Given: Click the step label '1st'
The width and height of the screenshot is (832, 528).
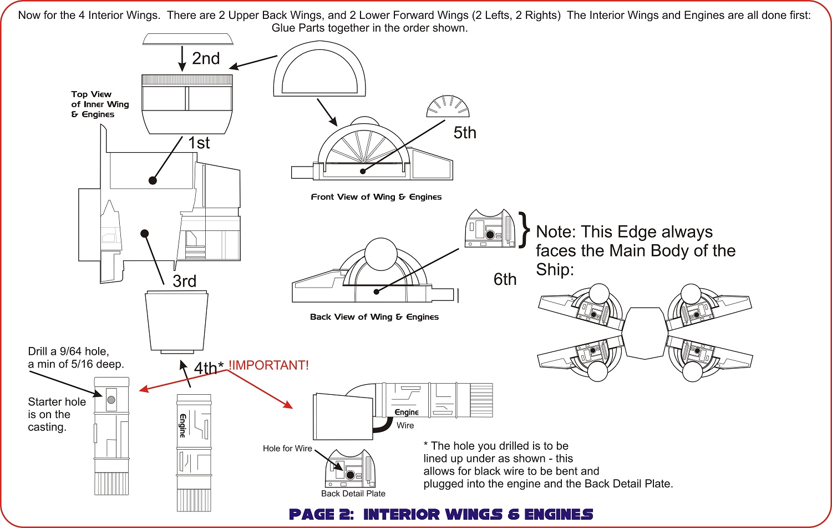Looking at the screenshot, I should click(x=199, y=143).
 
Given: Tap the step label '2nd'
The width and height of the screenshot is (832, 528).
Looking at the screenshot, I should click(x=206, y=58).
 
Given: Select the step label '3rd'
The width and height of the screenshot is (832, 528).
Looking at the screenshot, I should click(x=184, y=281).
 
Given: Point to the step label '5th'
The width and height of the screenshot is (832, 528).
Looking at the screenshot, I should click(x=465, y=133).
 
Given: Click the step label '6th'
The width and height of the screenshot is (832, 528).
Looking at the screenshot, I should click(x=505, y=279).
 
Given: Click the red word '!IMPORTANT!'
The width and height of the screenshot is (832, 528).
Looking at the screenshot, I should click(x=268, y=365).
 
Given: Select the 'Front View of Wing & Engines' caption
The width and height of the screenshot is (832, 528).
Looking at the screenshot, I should click(x=376, y=197).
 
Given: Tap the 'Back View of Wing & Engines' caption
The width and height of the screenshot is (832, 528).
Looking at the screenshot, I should click(x=374, y=317).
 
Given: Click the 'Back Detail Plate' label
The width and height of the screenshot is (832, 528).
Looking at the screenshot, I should click(x=353, y=494).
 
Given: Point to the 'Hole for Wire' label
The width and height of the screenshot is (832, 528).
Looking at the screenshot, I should click(x=287, y=449).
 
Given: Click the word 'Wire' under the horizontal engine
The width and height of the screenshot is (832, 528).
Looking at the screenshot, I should click(x=405, y=425).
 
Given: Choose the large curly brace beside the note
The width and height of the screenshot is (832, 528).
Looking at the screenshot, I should click(x=525, y=229).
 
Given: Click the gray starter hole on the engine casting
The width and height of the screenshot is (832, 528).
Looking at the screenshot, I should click(x=111, y=400).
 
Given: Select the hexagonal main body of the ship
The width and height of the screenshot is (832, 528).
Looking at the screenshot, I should click(x=645, y=333).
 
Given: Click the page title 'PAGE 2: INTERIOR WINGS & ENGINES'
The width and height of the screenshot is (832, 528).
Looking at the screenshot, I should click(x=441, y=514).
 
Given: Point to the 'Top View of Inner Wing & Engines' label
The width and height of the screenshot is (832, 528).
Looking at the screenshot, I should click(x=100, y=104).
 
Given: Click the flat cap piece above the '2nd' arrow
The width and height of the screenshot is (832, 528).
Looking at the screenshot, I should click(x=187, y=39).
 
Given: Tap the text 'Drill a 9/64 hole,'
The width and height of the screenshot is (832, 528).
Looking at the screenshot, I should click(x=68, y=351).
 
